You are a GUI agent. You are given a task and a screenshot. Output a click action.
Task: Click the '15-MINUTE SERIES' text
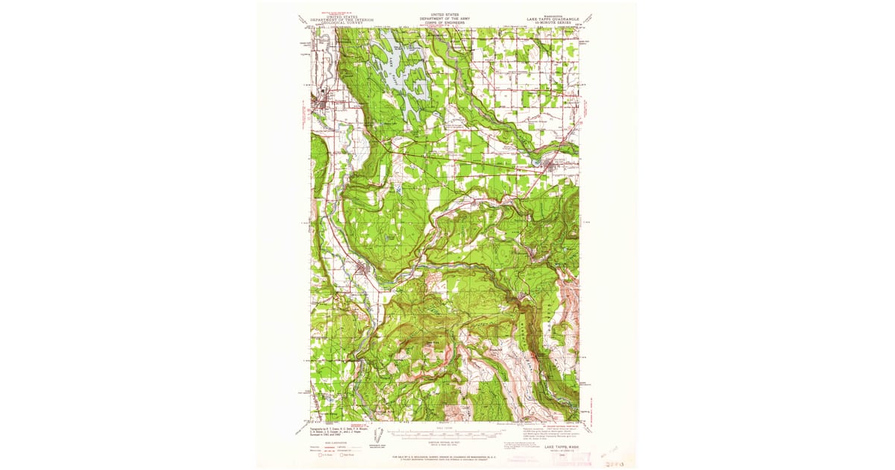(x=558, y=23)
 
